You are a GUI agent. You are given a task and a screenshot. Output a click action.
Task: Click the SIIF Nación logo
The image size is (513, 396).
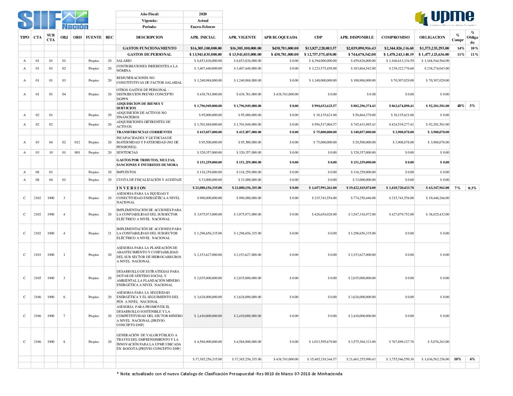pyautogui.click(x=53, y=20)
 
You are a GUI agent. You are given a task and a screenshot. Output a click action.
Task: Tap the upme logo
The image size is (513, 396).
pyautogui.click(x=445, y=18)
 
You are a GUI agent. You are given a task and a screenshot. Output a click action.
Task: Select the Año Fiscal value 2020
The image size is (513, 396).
pyautogui.click(x=203, y=14)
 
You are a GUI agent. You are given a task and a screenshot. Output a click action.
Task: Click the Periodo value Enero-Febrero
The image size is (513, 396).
pyautogui.click(x=203, y=27)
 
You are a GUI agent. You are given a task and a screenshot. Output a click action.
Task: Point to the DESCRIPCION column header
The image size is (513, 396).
pyautogui.click(x=149, y=37)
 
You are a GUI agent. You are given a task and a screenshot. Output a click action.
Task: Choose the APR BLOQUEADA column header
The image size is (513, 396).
pyautogui.click(x=281, y=37)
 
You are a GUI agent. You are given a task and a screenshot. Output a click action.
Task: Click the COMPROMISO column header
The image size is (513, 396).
pyautogui.click(x=395, y=37)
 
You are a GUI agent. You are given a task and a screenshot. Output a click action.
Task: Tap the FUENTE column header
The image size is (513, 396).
pyautogui.click(x=94, y=37)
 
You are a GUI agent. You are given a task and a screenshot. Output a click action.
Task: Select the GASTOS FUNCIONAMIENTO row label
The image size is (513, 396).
pyautogui.click(x=149, y=48)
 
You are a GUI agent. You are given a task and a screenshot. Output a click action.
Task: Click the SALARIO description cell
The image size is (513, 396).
pyautogui.click(x=124, y=61)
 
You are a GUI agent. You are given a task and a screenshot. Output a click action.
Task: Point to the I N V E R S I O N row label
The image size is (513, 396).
pyautogui.click(x=131, y=188)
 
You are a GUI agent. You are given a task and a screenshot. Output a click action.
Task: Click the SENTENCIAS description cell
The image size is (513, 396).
pyautogui.click(x=127, y=153)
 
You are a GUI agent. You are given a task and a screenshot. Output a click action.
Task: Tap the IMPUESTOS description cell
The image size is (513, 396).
pyautogui.click(x=126, y=172)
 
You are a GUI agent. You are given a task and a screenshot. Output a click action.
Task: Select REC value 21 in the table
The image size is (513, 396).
pyautogui.click(x=109, y=233)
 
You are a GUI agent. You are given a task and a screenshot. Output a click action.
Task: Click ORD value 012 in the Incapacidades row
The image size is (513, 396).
pyautogui.click(x=77, y=142)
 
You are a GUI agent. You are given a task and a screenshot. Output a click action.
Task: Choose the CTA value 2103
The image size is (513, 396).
pyautogui.click(x=38, y=255)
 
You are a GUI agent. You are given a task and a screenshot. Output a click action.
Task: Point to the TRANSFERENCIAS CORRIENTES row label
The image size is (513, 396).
pyautogui.click(x=144, y=132)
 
